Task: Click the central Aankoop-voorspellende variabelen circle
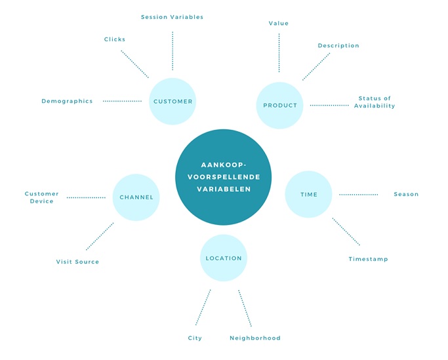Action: pos(224,177)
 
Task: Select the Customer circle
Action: pos(173,102)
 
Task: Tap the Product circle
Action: pos(280,105)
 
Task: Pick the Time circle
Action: pos(308,194)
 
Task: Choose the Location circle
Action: pos(224,258)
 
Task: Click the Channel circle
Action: pos(136,197)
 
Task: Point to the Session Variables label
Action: pos(173,17)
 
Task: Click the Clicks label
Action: pos(115,39)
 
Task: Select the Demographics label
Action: pos(67,101)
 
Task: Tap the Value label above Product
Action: pos(279,24)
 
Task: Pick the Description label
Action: pos(338,46)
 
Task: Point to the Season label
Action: pos(406,194)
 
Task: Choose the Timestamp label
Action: pos(368,259)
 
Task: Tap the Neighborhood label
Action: pos(255,338)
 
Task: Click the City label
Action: pos(195,338)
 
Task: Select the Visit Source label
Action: pos(77,262)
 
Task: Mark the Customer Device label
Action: pos(42,197)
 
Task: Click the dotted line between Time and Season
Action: pos(358,194)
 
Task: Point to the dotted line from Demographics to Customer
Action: pos(122,101)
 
